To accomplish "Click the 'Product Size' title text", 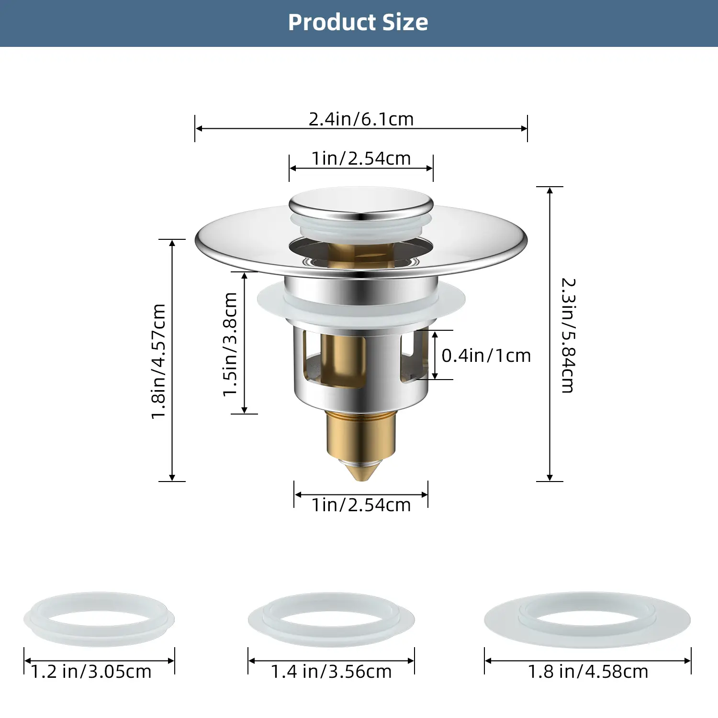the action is pos(358,22).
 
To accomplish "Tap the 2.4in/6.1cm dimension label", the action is pos(361,119).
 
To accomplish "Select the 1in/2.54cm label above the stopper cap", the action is pos(361,158).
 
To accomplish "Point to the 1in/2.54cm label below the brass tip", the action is pos(361,505).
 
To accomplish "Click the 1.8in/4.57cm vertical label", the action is pos(158,362).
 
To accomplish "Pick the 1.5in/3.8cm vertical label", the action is pos(230,345).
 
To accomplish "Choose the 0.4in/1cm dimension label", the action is pos(486,356).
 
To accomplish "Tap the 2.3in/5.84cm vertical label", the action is pos(568,336).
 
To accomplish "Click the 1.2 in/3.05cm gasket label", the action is pos(91,672).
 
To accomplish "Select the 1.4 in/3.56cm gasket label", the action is pos(331,672).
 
